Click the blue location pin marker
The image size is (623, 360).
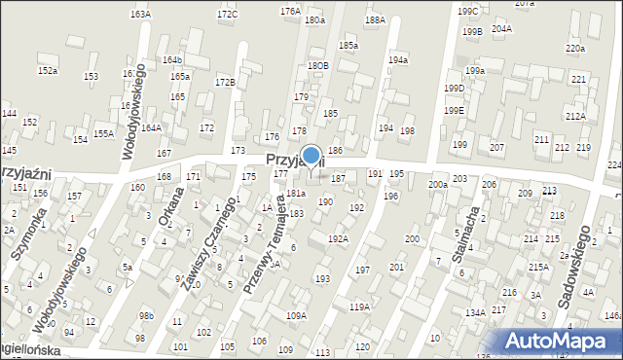[311, 156]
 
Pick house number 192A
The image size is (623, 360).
[338, 238]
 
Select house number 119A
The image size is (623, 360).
[359, 306]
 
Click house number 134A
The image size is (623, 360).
[475, 312]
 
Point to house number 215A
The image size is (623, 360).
[538, 267]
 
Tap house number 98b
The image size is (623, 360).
[146, 316]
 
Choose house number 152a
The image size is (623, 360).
[47, 71]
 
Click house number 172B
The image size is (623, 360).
[225, 82]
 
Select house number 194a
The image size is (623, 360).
[397, 60]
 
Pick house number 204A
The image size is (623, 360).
[501, 29]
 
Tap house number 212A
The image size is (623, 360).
[574, 117]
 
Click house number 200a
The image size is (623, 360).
[438, 184]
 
